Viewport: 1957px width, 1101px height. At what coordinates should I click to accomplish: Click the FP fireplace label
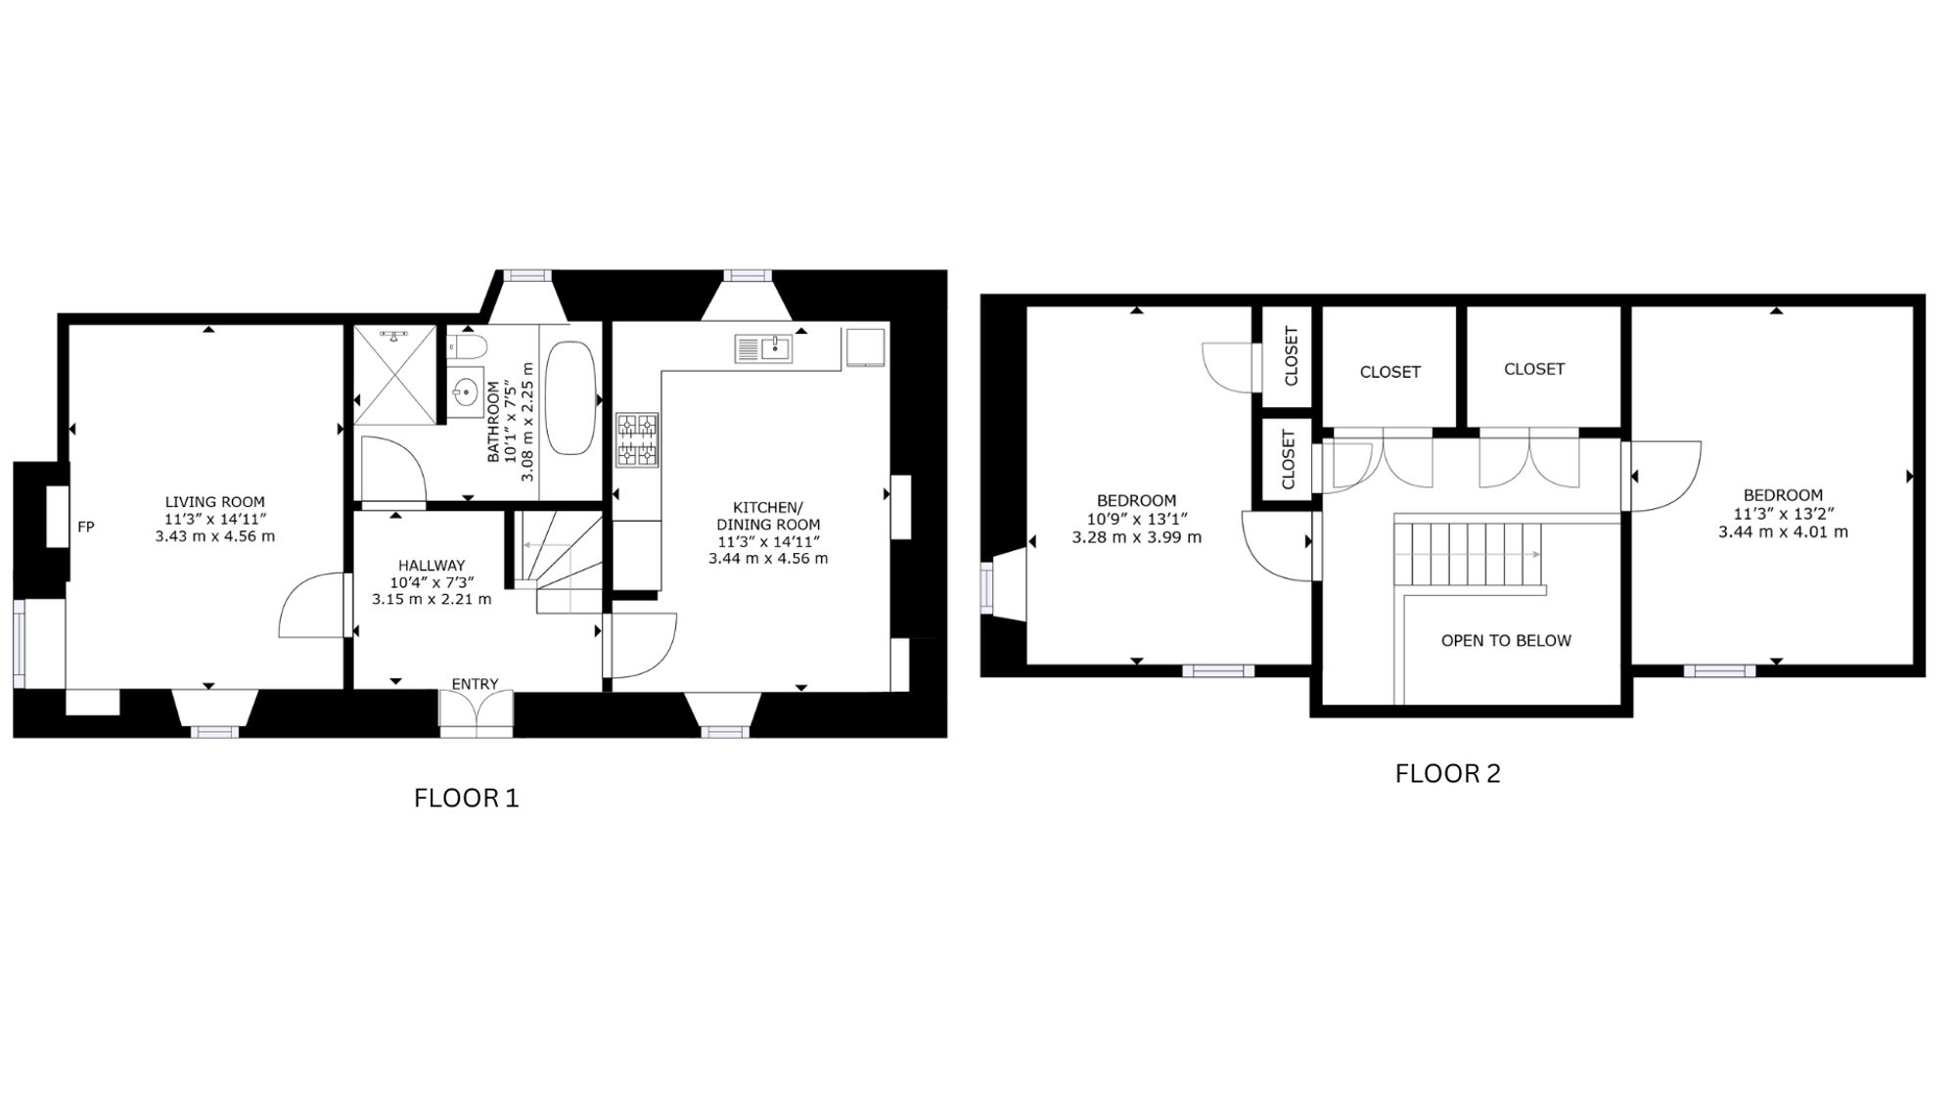tap(86, 527)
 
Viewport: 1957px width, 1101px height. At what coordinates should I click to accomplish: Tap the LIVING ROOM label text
tap(214, 502)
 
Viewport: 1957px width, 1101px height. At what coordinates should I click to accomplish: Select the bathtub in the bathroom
tap(570, 397)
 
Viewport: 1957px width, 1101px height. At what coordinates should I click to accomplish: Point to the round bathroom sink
tap(464, 393)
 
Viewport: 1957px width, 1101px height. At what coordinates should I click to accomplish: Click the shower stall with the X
tap(395, 375)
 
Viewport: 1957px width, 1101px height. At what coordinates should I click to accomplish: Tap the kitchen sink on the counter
tap(763, 347)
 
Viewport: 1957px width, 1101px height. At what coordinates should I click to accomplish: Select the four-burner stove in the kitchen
tap(637, 439)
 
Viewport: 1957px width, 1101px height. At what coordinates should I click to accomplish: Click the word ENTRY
tap(475, 684)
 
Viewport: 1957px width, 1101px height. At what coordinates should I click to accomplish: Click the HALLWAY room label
tap(432, 565)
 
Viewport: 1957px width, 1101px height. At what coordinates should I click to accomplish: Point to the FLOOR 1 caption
tap(466, 798)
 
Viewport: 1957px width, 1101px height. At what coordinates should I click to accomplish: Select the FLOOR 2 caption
tap(1447, 773)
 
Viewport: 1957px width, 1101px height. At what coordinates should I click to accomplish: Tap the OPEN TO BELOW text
tap(1506, 640)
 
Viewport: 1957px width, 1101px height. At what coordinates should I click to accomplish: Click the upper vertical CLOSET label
tap(1290, 355)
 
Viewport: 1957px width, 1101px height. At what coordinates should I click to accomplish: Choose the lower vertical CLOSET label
tap(1288, 459)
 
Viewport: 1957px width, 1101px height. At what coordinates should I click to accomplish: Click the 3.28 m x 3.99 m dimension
tap(1136, 537)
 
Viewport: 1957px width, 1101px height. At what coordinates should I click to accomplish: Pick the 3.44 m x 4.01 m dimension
tap(1783, 532)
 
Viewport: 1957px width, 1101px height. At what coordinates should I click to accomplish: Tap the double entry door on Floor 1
tap(476, 713)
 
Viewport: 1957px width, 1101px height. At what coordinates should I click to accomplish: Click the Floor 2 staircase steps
tap(1468, 554)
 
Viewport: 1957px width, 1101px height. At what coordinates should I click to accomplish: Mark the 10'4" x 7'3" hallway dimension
tap(432, 582)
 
